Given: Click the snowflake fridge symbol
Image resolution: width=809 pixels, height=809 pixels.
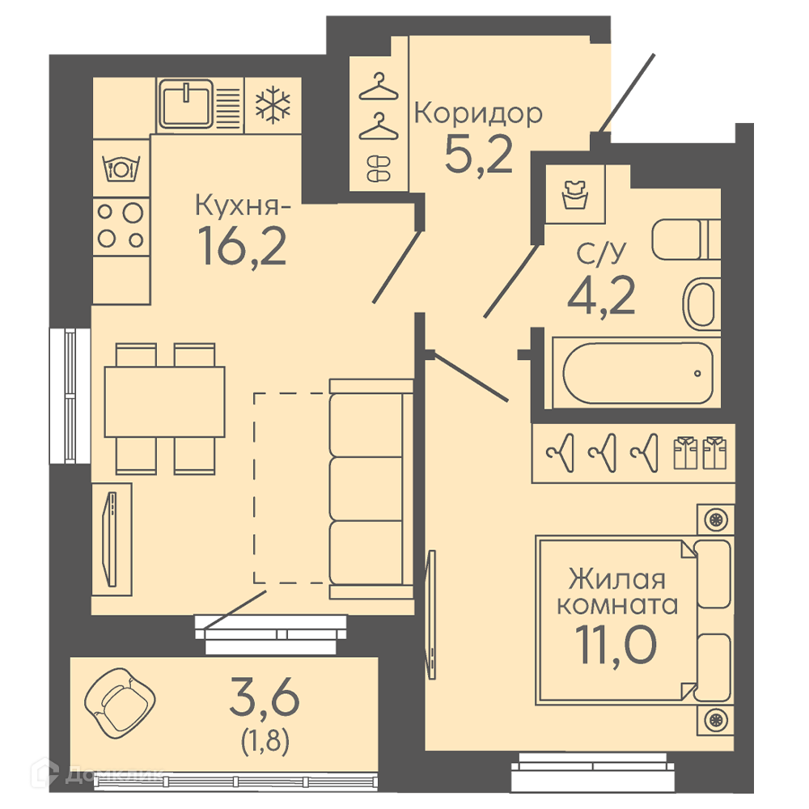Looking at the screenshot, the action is pyautogui.click(x=273, y=106).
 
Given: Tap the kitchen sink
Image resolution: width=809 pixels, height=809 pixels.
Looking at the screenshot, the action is pyautogui.click(x=186, y=104).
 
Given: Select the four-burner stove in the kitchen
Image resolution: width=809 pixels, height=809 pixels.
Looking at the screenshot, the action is pyautogui.click(x=121, y=226).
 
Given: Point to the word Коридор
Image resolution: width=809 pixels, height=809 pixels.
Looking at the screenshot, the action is pyautogui.click(x=478, y=114).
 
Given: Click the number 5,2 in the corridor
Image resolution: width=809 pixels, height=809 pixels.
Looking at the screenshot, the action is pyautogui.click(x=478, y=154).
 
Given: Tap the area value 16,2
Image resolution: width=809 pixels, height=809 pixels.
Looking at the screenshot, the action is pyautogui.click(x=242, y=246).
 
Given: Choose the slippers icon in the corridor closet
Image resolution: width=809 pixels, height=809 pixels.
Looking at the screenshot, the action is pyautogui.click(x=379, y=169).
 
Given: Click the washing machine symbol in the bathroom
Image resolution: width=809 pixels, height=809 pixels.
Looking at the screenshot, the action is pyautogui.click(x=575, y=194).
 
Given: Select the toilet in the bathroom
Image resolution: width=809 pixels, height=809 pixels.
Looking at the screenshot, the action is pyautogui.click(x=686, y=239).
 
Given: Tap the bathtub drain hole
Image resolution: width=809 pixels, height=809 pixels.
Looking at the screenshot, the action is pyautogui.click(x=697, y=373).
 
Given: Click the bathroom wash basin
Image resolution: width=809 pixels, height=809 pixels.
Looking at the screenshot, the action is pyautogui.click(x=701, y=304).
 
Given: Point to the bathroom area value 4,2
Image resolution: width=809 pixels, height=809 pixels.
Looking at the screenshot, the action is pyautogui.click(x=601, y=296).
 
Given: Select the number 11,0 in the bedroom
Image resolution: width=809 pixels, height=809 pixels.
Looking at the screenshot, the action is pyautogui.click(x=616, y=646).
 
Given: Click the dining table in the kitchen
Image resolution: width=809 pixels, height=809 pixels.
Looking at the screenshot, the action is pyautogui.click(x=164, y=402).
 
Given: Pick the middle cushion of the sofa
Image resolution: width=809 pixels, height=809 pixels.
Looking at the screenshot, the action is pyautogui.click(x=366, y=489).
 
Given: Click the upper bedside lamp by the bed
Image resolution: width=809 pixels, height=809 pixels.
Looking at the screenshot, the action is pyautogui.click(x=716, y=519).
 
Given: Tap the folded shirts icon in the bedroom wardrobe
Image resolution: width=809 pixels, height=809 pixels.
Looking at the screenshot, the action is pyautogui.click(x=700, y=453).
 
